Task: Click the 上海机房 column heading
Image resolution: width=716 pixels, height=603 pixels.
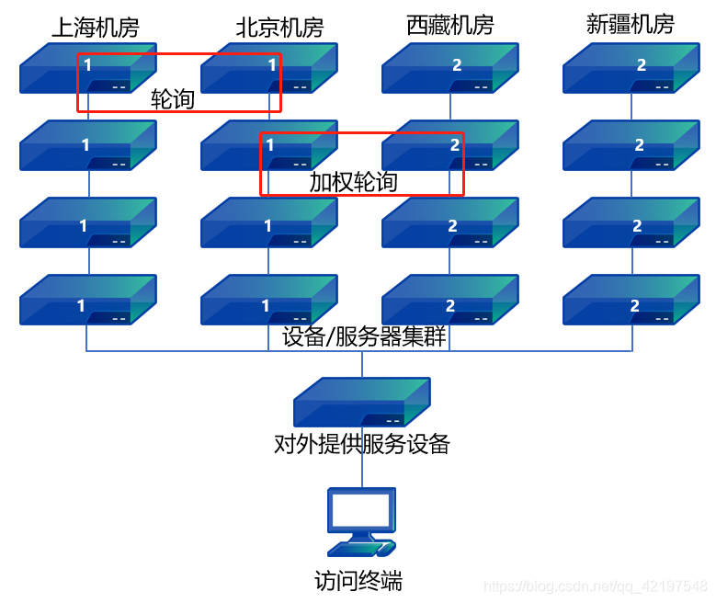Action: click(x=95, y=28)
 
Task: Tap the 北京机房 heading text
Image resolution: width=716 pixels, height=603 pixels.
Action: click(x=279, y=28)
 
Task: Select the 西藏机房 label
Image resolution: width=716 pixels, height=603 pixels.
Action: click(x=449, y=26)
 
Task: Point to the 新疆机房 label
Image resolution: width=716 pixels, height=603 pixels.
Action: click(x=630, y=25)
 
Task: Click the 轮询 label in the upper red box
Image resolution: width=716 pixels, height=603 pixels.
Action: click(x=173, y=99)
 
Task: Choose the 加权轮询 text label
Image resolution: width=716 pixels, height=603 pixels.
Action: click(x=353, y=182)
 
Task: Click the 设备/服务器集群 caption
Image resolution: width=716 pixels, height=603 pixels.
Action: click(x=364, y=336)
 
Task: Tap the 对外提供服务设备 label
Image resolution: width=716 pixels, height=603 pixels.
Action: click(x=362, y=445)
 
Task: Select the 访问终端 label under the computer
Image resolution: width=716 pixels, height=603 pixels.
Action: click(x=358, y=581)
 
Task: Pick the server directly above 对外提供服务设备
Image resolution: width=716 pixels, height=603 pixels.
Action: click(x=361, y=402)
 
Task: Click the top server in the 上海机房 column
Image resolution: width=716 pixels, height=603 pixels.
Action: click(x=88, y=69)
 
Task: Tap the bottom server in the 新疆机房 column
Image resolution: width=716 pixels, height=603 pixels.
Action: click(x=631, y=300)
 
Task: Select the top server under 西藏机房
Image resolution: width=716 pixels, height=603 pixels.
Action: click(x=450, y=69)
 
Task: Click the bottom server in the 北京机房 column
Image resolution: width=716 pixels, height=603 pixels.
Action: click(x=269, y=300)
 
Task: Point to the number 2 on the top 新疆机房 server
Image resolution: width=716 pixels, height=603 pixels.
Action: click(x=641, y=65)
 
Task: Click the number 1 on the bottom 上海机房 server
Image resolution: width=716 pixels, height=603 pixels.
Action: click(x=81, y=305)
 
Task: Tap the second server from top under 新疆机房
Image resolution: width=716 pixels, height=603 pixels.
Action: click(x=631, y=145)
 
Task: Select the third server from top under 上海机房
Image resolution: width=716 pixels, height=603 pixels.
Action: click(x=88, y=222)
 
